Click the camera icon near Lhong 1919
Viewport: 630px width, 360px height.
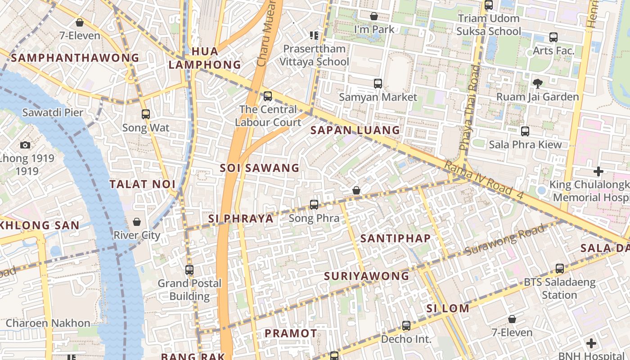[x=25, y=145]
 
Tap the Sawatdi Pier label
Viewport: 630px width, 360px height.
[x=53, y=112]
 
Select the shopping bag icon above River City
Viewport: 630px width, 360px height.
[x=137, y=222]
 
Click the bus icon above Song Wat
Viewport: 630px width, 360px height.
[x=145, y=114]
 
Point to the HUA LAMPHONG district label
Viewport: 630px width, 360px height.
[x=205, y=58]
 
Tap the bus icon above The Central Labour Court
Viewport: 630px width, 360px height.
[x=268, y=96]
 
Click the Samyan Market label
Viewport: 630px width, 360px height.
[x=378, y=97]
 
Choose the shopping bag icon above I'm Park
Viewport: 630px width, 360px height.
[x=374, y=17]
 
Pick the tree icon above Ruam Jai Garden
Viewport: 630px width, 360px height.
[x=537, y=83]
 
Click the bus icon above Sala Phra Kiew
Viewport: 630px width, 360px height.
[x=525, y=131]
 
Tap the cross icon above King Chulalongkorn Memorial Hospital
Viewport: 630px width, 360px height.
[x=598, y=171]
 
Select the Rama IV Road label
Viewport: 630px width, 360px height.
[x=484, y=179]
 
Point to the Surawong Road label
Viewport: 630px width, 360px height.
[x=505, y=240]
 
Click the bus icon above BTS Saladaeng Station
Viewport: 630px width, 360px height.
[x=560, y=269]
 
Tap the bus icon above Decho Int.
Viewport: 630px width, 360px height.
[x=406, y=326]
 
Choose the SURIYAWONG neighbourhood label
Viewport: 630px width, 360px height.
[x=367, y=276]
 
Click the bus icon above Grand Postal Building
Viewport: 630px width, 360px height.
[x=189, y=270]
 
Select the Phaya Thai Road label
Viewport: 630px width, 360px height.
[x=470, y=108]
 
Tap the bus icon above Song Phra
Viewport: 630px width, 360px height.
[x=314, y=205]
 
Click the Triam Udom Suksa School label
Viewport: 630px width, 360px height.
[x=489, y=25]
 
